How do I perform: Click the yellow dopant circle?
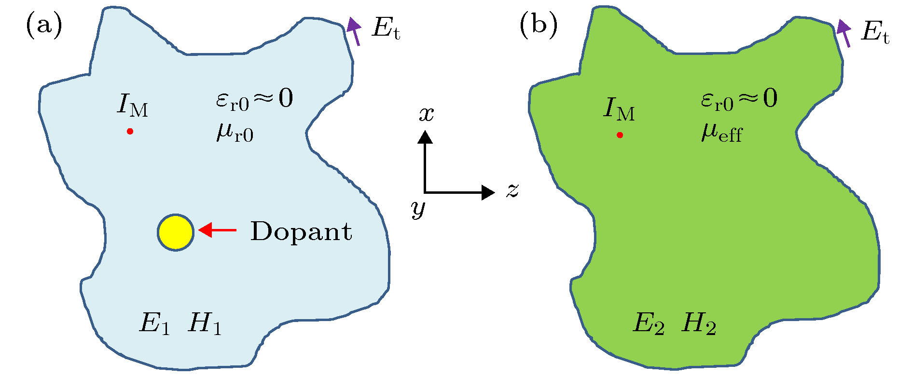coord(176,232)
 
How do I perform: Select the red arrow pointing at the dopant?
coord(218,230)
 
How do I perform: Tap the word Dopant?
coord(301,231)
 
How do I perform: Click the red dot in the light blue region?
coord(130,131)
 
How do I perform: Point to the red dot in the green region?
coord(620,135)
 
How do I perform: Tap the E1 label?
coord(154,323)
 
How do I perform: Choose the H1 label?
coord(205,323)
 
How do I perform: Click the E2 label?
coord(648,323)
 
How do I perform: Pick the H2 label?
coord(699,323)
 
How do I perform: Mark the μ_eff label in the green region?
coord(721,132)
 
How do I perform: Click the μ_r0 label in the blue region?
coord(235,132)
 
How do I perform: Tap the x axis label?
coord(426,114)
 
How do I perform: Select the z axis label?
coord(512,190)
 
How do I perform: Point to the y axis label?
coord(418,208)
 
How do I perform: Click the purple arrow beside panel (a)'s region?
coord(355,31)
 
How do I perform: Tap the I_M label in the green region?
coord(619,109)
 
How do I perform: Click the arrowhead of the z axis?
coord(488,192)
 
